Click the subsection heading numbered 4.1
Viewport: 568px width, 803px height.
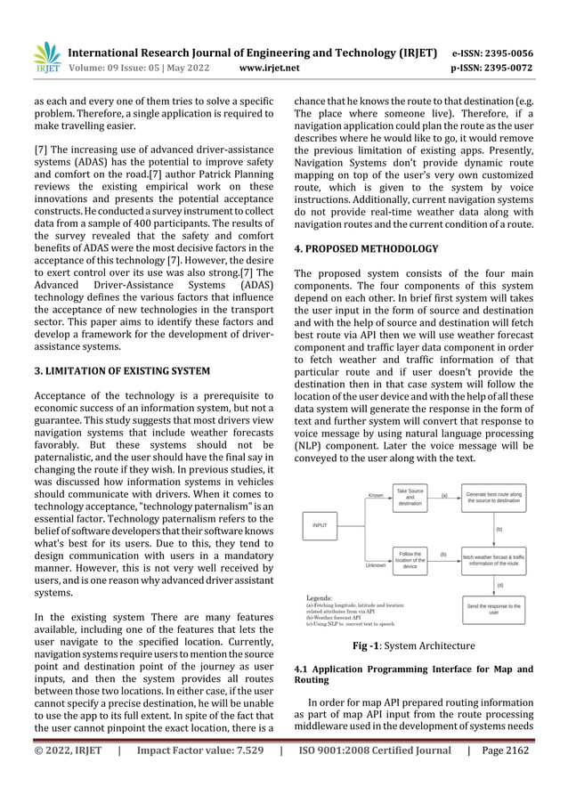[x=413, y=675]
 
